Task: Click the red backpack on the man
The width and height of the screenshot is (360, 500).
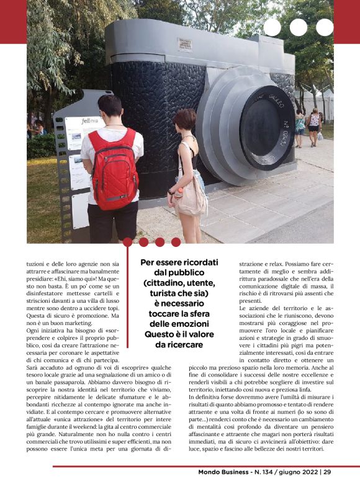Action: [113, 169]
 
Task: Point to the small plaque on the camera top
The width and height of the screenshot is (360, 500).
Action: [184, 44]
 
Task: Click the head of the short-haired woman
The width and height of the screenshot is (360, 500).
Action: [185, 119]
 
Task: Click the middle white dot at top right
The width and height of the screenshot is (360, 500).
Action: [299, 27]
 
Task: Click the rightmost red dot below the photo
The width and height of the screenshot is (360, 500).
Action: [176, 242]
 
